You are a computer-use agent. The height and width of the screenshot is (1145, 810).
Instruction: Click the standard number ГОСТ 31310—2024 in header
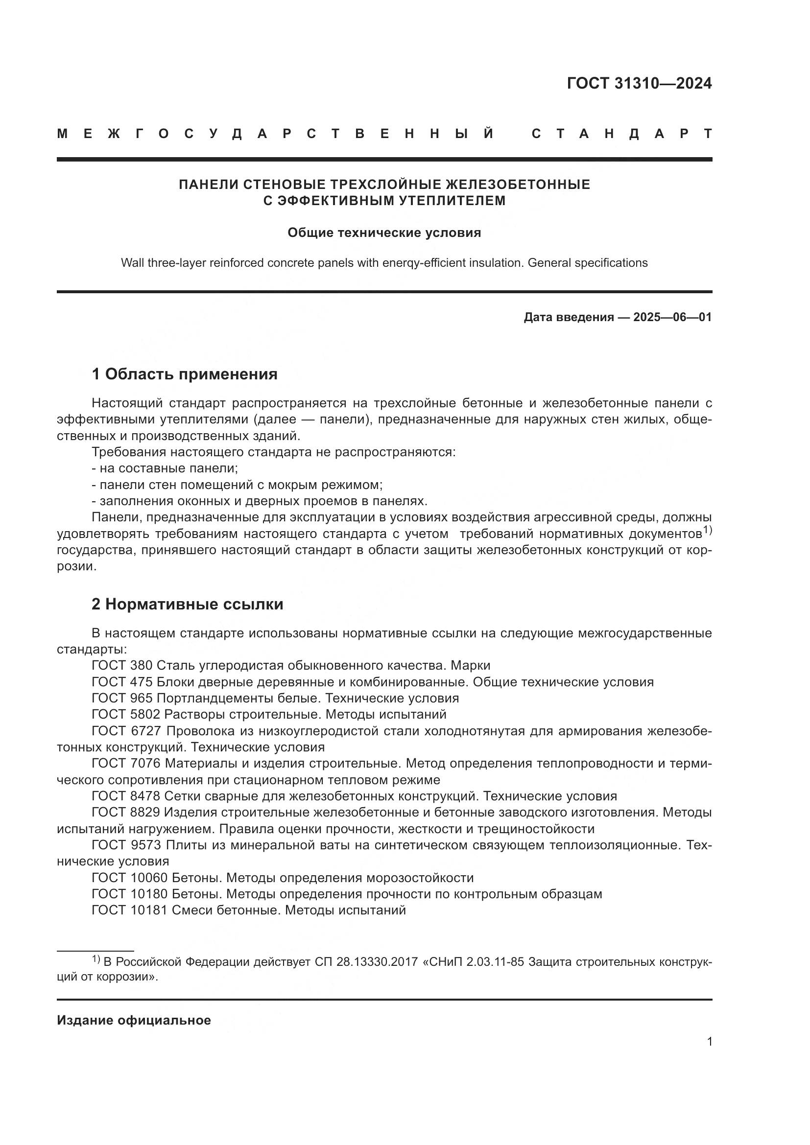tap(639, 83)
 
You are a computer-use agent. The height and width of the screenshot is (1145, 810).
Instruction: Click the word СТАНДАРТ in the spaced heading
tap(621, 134)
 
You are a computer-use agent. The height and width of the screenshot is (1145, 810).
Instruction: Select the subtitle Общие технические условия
tap(384, 233)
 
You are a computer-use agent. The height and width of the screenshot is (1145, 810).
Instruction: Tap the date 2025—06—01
tap(672, 317)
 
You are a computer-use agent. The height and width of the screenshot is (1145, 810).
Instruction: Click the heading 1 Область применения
tap(185, 374)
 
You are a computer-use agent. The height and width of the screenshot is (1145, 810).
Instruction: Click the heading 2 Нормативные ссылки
tap(187, 604)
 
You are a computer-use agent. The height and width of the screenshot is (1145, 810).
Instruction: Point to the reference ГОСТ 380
tap(122, 665)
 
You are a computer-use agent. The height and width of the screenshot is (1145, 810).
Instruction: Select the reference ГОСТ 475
tap(122, 682)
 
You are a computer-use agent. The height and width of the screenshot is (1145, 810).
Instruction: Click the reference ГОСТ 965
tap(122, 698)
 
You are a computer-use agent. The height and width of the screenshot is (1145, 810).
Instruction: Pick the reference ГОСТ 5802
tap(126, 714)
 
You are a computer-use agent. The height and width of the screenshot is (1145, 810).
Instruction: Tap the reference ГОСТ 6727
tap(126, 730)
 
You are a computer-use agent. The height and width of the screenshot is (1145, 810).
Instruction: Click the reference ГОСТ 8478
tap(126, 796)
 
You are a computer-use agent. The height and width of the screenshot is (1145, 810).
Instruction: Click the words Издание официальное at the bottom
tap(134, 1020)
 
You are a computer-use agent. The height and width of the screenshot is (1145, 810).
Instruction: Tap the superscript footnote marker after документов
tap(707, 531)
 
